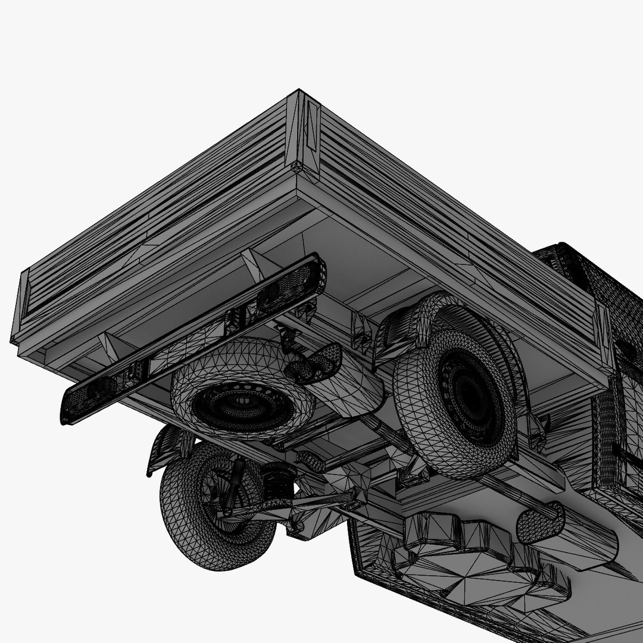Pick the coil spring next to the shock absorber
click(278, 481)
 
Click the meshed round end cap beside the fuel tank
click(539, 521)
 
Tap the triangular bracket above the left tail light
click(107, 345)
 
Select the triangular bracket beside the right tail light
click(253, 262)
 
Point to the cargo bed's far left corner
click(21, 310)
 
